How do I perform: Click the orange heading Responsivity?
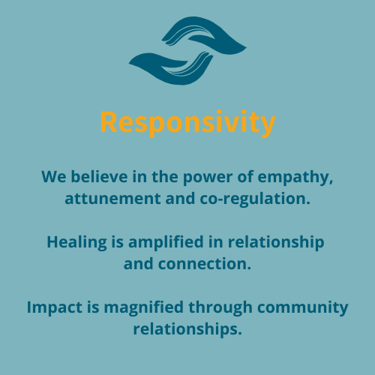(187, 123)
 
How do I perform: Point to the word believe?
(99, 177)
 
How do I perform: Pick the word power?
(208, 178)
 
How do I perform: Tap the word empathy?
(295, 178)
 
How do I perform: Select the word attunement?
(112, 199)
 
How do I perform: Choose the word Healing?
(76, 243)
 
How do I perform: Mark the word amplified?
(166, 243)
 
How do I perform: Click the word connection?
(205, 264)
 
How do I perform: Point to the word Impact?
(55, 307)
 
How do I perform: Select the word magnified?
(144, 307)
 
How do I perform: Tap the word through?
(220, 307)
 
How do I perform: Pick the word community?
(303, 308)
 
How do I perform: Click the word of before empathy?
(245, 177)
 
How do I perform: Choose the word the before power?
(165, 177)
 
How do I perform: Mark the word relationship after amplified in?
(276, 243)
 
